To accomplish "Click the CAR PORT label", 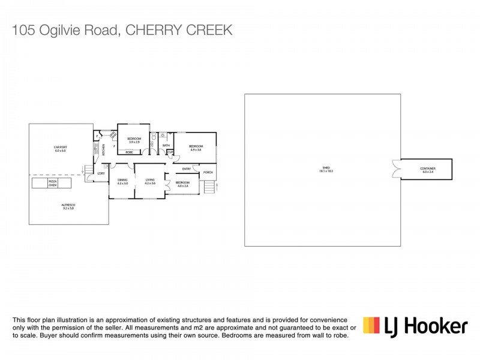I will (x=59, y=148).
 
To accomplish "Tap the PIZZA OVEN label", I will (x=53, y=181).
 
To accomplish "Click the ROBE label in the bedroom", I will (x=129, y=152).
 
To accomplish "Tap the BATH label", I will (x=166, y=145).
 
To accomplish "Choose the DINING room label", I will (x=122, y=180).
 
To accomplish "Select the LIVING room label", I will (x=150, y=180).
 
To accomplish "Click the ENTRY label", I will (x=187, y=169).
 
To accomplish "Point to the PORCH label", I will (x=208, y=172).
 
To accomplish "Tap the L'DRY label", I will (x=101, y=174).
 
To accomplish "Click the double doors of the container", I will (x=395, y=169).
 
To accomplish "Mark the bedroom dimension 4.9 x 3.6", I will (x=196, y=149).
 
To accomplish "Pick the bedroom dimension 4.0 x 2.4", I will (x=183, y=185).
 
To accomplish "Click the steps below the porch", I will (x=209, y=188).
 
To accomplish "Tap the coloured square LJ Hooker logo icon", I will (x=371, y=325).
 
